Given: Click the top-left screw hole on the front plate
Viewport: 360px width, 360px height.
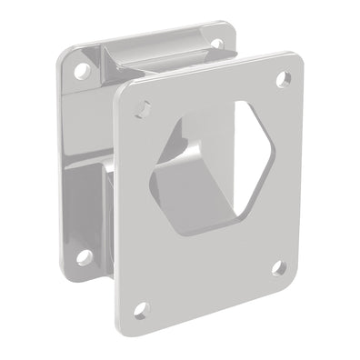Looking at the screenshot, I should point(139,107).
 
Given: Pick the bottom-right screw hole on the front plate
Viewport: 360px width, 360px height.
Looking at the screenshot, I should point(276,267).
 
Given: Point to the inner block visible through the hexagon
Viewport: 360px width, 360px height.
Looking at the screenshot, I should point(195,186).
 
